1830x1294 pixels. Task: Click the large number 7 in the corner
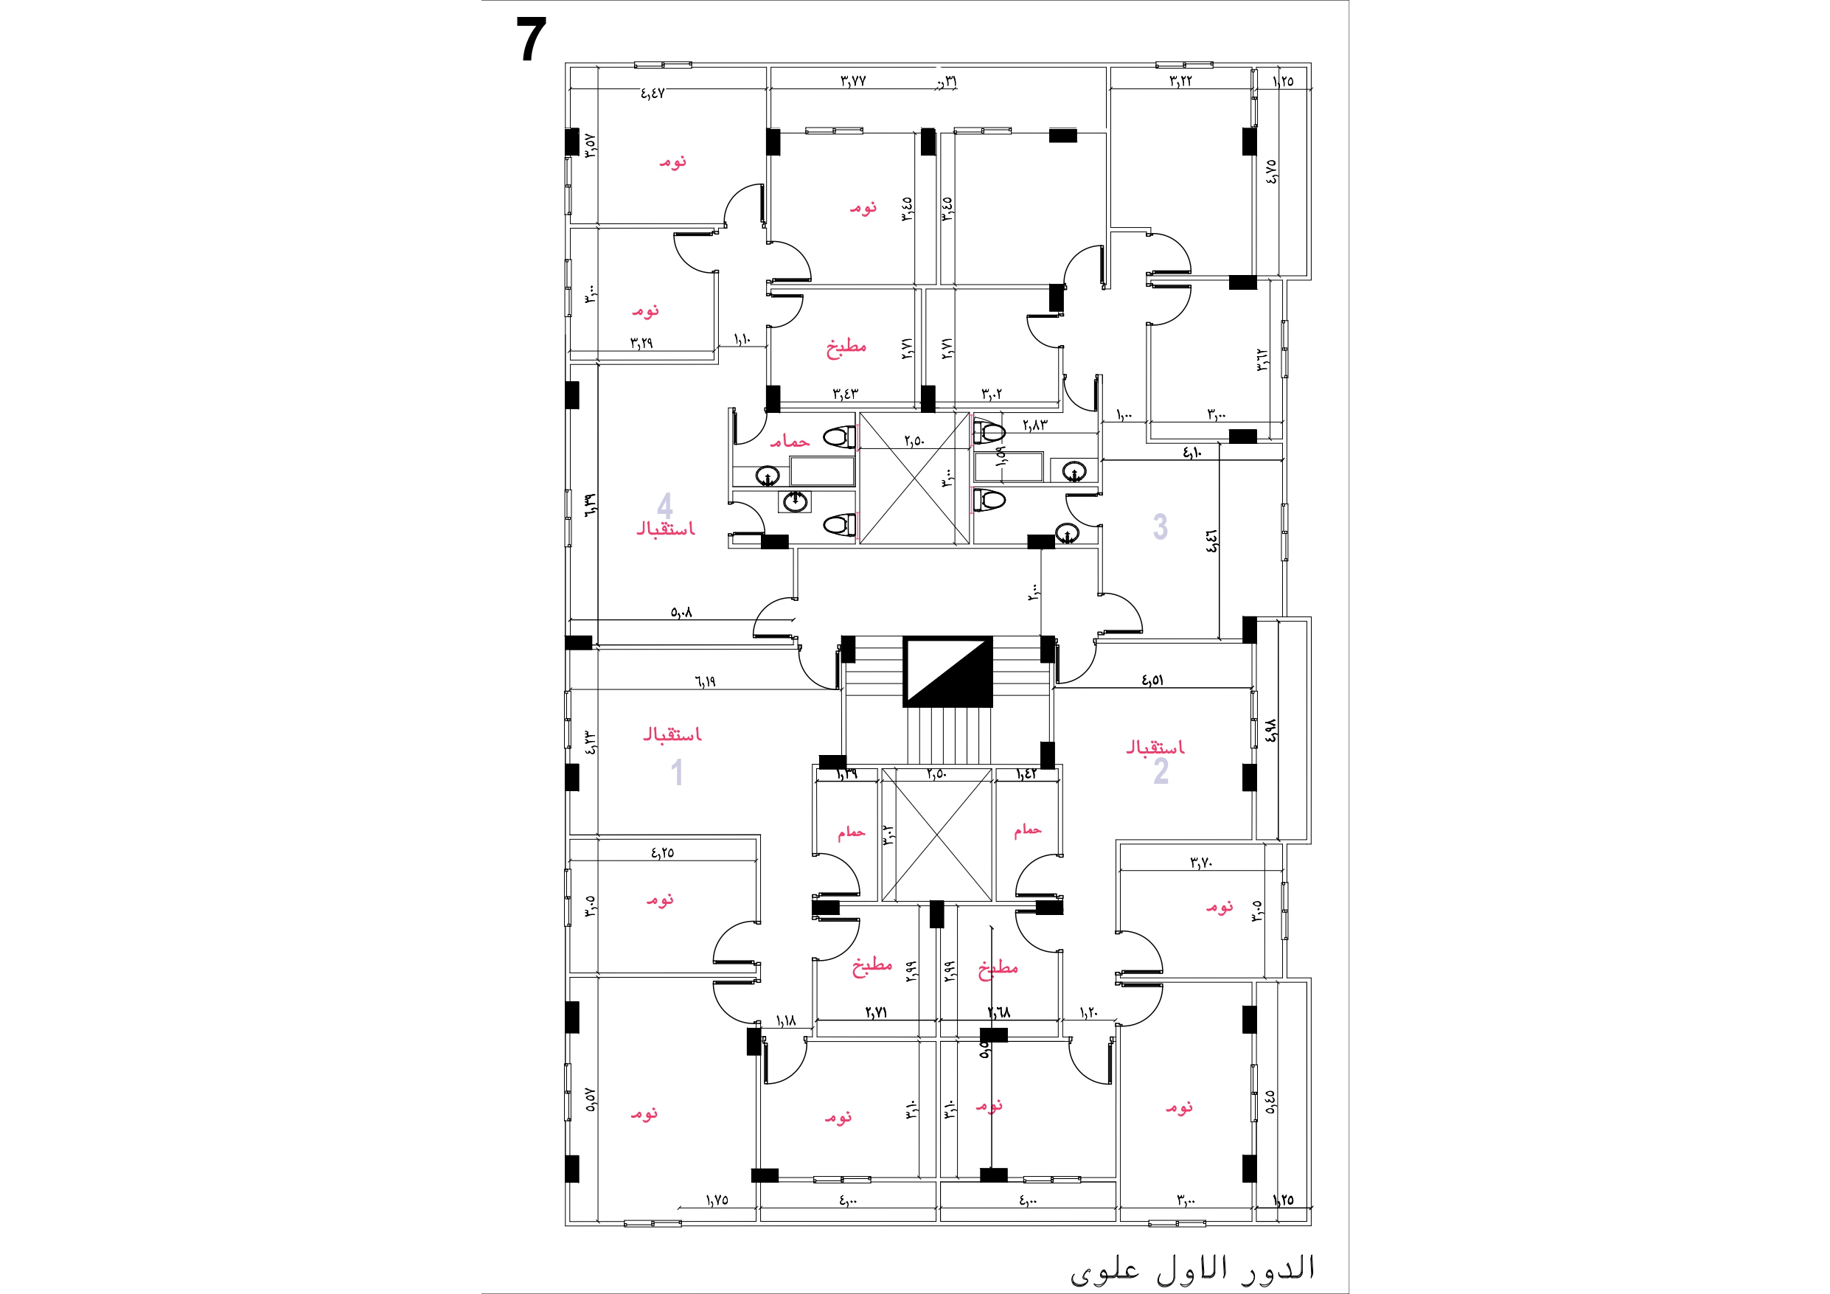click(531, 41)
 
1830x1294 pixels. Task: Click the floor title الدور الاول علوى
click(1191, 1268)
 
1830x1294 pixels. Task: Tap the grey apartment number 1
click(677, 773)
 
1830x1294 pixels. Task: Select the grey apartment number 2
click(1161, 771)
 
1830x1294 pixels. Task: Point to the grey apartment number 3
click(1161, 526)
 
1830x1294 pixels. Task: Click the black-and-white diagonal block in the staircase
click(947, 671)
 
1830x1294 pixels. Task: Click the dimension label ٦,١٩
click(705, 682)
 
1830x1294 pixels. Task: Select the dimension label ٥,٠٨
click(681, 612)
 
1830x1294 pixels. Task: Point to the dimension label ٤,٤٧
click(652, 94)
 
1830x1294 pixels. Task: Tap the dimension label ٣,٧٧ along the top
click(853, 80)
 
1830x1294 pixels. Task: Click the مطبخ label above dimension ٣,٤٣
click(846, 347)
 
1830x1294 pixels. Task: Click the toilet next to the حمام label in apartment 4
click(838, 437)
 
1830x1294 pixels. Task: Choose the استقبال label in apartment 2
click(1155, 747)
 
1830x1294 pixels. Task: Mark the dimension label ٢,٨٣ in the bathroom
click(1034, 425)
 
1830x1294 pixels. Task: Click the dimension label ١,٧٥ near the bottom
click(717, 1200)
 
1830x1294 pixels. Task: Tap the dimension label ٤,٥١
click(1152, 680)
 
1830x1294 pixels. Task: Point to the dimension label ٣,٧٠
click(1201, 863)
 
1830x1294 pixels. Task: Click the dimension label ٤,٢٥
click(662, 852)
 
